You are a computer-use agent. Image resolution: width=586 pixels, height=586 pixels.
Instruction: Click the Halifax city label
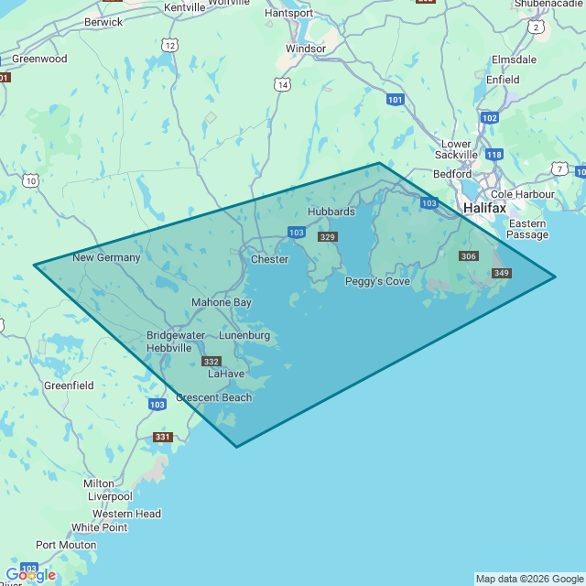484,208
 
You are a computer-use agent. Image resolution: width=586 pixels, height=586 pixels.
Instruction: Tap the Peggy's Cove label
377,281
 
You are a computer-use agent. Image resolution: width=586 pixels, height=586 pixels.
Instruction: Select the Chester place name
269,259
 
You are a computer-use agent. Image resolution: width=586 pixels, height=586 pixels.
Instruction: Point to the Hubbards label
331,212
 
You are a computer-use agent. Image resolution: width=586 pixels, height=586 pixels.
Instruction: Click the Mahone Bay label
221,302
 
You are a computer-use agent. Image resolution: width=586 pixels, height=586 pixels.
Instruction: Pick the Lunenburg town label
244,335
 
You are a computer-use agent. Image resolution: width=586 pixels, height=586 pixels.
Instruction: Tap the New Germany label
106,257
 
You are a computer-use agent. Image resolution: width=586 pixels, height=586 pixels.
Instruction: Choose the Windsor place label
305,49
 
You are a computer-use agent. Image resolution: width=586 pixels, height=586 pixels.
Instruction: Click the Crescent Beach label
213,397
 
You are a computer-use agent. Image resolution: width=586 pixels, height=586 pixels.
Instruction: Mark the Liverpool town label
110,496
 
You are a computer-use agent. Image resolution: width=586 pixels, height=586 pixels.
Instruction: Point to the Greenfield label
69,385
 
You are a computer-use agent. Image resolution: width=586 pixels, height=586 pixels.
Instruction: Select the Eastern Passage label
527,229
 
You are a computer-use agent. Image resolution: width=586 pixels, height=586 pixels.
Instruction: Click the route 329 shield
328,237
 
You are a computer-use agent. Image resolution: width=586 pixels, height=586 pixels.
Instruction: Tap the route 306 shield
469,256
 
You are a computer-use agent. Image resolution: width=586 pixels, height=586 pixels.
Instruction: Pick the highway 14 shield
282,84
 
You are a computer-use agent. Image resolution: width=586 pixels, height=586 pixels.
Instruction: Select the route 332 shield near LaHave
212,362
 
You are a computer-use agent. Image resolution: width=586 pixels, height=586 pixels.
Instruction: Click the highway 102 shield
489,118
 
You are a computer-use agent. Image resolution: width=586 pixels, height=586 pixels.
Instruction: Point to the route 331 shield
162,437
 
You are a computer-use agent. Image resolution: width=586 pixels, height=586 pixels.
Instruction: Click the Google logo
30,575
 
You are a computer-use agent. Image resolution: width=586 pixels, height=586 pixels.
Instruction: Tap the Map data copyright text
528,579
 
